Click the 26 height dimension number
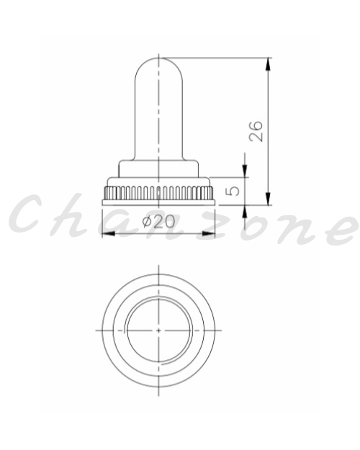pos(256,131)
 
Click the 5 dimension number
pos(233,191)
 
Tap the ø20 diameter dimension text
pos(158,221)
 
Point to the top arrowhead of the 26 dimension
pos(268,64)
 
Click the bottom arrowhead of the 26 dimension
pos(268,199)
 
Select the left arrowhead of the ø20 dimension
pos(109,233)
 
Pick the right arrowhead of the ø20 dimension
pos(208,233)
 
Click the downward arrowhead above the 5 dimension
pos(245,171)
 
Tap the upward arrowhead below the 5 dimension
pos(245,212)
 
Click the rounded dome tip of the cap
pos(158,59)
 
